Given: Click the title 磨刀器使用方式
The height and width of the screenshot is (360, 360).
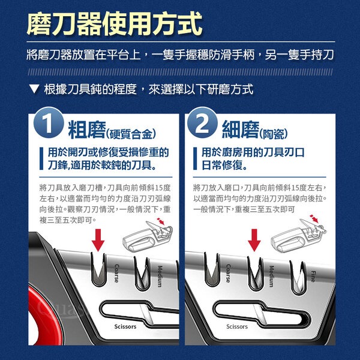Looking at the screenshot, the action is click(115, 23).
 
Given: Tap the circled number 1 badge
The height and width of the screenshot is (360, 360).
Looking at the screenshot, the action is click(48, 122).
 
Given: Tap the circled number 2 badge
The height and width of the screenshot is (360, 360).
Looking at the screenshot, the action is click(202, 122).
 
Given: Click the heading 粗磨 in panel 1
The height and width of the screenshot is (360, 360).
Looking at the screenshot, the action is click(87, 130).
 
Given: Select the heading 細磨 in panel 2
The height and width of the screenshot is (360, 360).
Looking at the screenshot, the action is click(241, 130).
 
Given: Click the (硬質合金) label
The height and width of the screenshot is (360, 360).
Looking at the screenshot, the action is click(131, 134).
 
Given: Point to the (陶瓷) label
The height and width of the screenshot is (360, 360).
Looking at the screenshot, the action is click(273, 134).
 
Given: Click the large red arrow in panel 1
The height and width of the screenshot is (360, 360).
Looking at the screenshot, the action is click(98, 240).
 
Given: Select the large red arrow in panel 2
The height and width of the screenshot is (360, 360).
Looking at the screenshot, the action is click(254, 240).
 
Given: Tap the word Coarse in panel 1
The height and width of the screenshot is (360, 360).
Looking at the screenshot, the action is click(117, 273).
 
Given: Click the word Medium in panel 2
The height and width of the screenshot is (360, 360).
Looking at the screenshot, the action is click(271, 276).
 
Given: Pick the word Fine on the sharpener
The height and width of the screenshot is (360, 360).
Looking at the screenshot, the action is click(313, 276).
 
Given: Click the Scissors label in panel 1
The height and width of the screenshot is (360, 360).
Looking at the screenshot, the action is click(125, 326).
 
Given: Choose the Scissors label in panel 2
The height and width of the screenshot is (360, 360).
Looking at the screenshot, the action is click(237, 326).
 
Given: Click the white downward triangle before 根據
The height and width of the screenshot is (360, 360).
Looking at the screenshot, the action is click(34, 89).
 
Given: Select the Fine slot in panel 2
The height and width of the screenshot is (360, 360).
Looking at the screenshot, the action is click(298, 278).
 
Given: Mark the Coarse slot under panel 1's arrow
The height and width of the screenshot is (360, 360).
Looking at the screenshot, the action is click(99, 269).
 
